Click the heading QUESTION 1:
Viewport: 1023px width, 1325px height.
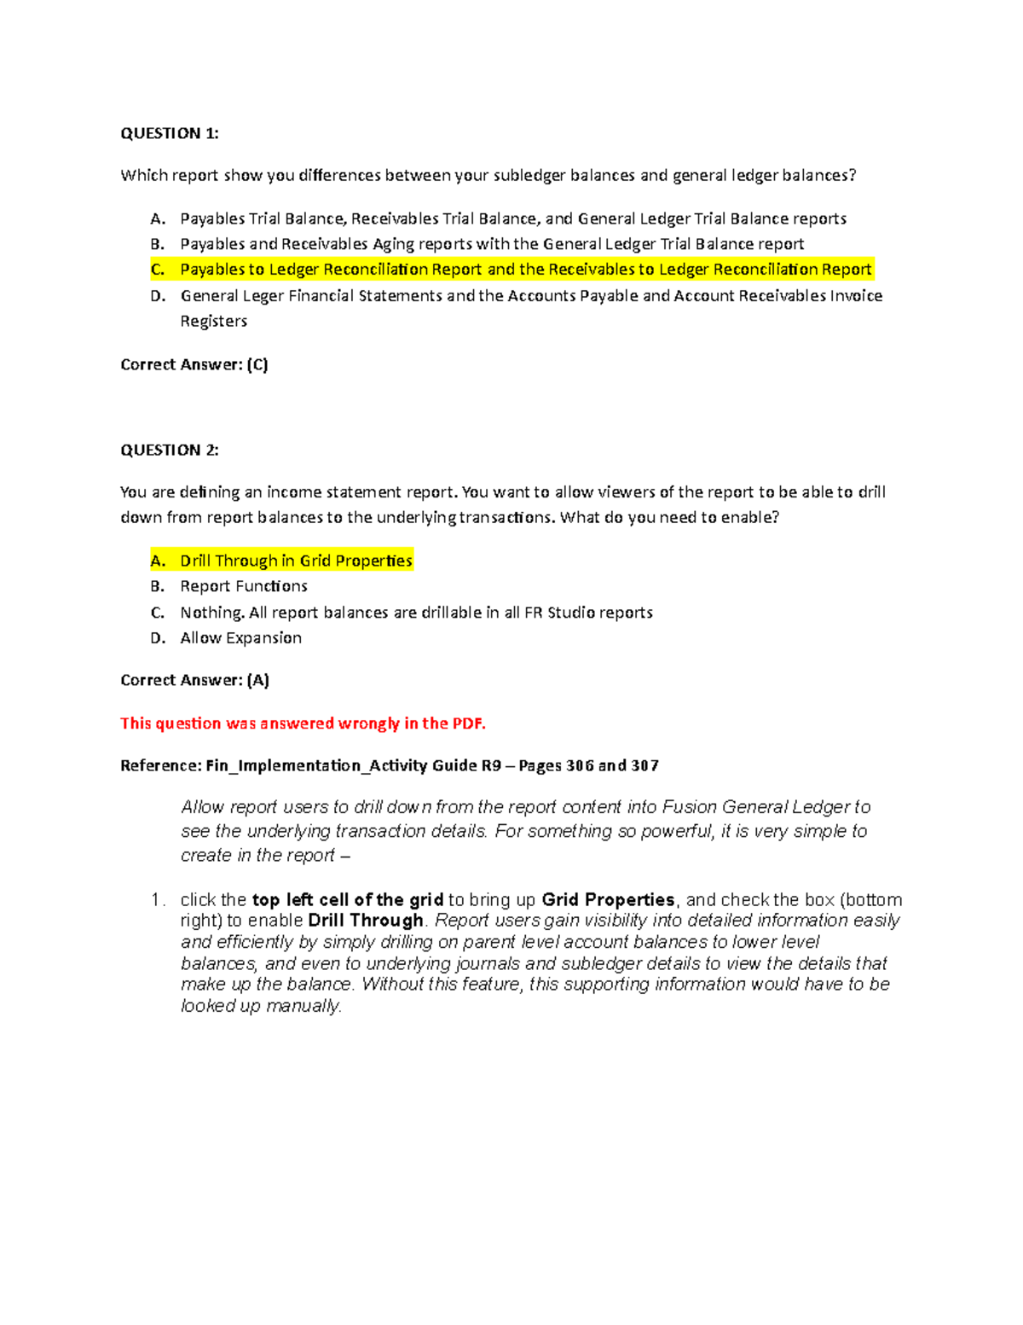pos(170,133)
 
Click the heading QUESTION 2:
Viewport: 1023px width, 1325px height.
pos(170,450)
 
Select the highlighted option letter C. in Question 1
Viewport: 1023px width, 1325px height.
pos(158,270)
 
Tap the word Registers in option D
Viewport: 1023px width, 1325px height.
pos(213,321)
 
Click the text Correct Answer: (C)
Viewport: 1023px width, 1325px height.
pos(194,364)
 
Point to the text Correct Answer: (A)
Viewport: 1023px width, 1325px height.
pos(194,680)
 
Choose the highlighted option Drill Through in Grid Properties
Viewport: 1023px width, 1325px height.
pos(296,561)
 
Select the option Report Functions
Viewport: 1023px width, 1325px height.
pos(244,586)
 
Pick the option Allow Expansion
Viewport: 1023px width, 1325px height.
pos(240,637)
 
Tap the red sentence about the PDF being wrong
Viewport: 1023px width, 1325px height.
pos(303,724)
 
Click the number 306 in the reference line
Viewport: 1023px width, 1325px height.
pos(580,765)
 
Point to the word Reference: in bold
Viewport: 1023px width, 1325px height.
pos(161,765)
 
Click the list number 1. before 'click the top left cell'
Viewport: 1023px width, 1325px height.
pos(157,900)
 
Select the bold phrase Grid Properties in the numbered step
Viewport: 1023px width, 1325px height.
pos(608,900)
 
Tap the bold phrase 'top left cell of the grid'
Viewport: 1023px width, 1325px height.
pos(348,900)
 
